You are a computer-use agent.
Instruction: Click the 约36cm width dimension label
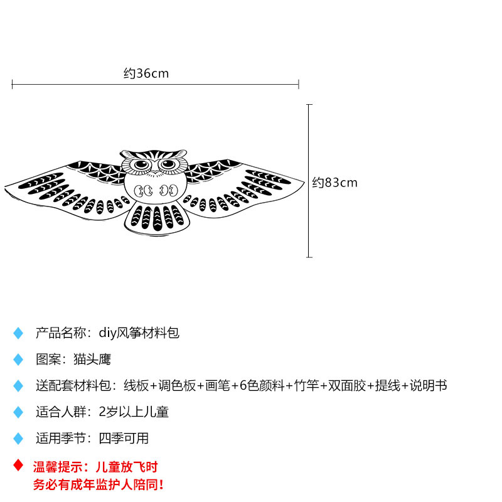pyautogui.click(x=146, y=73)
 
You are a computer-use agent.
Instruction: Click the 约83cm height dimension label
pyautogui.click(x=334, y=183)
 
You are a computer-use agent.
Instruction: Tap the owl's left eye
pyautogui.click(x=141, y=165)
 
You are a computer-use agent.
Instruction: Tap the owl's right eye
pyautogui.click(x=168, y=165)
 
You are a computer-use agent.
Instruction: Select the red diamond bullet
pyautogui.click(x=18, y=466)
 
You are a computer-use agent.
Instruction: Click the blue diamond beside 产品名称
pyautogui.click(x=18, y=333)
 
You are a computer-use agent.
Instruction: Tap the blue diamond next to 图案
pyautogui.click(x=18, y=360)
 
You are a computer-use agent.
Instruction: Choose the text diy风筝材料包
pyautogui.click(x=139, y=333)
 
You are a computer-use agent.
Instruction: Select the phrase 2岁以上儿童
pyautogui.click(x=134, y=412)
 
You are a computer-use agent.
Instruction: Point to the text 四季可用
pyautogui.click(x=124, y=438)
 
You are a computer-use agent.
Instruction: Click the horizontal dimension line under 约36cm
pyautogui.click(x=155, y=84)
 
